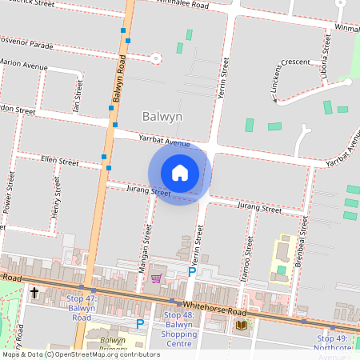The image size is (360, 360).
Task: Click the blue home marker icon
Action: click(180, 172)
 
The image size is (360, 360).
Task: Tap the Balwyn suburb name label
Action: click(162, 117)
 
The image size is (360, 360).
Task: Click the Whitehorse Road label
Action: click(215, 306)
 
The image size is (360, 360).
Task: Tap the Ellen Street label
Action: click(59, 162)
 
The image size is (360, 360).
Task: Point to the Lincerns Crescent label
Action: click(290, 80)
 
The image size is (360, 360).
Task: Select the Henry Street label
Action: click(57, 198)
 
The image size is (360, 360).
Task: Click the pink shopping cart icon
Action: click(156, 278)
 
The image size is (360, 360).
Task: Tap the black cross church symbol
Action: click(34, 294)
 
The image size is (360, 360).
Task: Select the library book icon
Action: click(242, 325)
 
